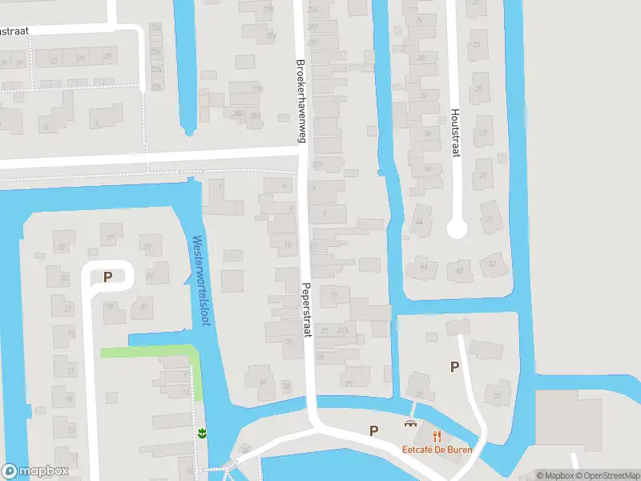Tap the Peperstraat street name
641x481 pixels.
coord(307,309)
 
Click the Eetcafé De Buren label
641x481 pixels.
coord(437,449)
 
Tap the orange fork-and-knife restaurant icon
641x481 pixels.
coord(437,436)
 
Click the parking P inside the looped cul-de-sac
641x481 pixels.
coord(107,277)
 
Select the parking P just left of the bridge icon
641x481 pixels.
coord(373,430)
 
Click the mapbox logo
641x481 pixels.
coord(34,471)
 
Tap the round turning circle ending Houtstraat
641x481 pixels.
coord(456,229)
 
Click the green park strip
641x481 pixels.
coord(152,352)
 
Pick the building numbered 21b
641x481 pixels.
coord(345,329)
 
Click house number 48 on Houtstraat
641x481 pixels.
coord(459,271)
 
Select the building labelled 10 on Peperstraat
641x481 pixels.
coord(287,245)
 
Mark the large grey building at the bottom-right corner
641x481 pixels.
coord(568,420)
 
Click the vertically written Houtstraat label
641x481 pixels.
coord(455,132)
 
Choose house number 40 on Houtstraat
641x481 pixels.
coord(427,169)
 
